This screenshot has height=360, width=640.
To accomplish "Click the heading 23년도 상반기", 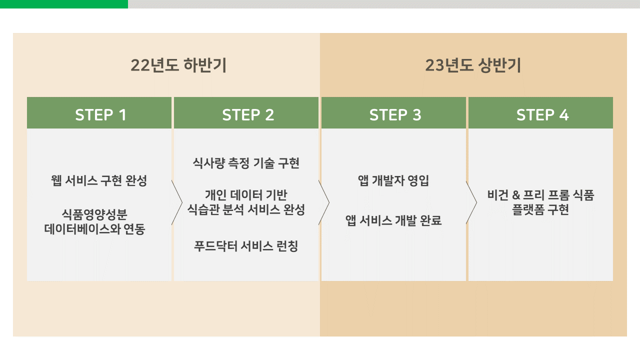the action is (473, 65).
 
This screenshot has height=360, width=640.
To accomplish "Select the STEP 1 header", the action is (100, 114).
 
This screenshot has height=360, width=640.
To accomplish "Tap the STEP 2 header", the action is (248, 114).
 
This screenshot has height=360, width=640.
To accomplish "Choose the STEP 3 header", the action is (395, 114).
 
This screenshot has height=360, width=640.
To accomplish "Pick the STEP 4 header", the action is (542, 114).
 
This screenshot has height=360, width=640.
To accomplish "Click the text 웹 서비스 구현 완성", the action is (99, 180).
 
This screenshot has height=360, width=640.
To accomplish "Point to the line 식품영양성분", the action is (94, 215).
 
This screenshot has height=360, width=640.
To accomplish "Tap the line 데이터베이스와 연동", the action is (94, 229).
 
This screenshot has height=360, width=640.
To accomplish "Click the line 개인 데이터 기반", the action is (246, 195).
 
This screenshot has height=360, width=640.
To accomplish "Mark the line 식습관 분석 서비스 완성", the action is (246, 209).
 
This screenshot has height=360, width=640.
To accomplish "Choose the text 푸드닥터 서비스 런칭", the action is (246, 246).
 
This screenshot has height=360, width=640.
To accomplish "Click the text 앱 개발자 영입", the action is (393, 180).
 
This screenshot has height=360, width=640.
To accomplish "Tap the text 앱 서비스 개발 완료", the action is (393, 220).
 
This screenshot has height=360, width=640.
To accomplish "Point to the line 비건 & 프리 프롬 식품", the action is (540, 195).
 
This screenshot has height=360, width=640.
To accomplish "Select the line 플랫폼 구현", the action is (540, 209).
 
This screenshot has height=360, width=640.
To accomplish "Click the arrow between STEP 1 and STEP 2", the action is (176, 202).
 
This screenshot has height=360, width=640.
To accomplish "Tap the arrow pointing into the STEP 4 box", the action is (471, 202).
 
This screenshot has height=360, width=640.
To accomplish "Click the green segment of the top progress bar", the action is (63, 4).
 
